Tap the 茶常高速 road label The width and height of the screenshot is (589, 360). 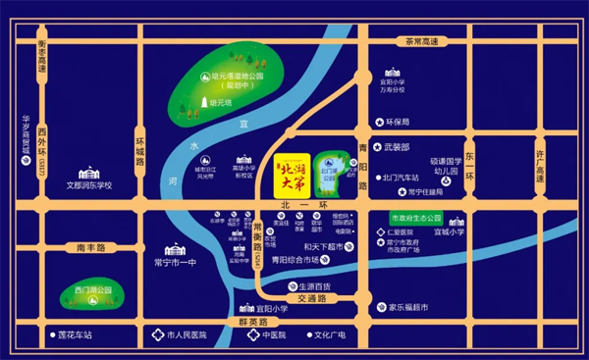(422, 41)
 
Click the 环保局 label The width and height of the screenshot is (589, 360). (396, 123)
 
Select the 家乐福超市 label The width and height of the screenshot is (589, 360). (407, 307)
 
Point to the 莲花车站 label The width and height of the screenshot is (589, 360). (74, 335)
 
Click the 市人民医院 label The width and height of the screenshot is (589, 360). (189, 335)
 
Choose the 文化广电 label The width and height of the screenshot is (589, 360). (332, 335)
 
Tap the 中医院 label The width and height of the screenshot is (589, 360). (272, 335)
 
